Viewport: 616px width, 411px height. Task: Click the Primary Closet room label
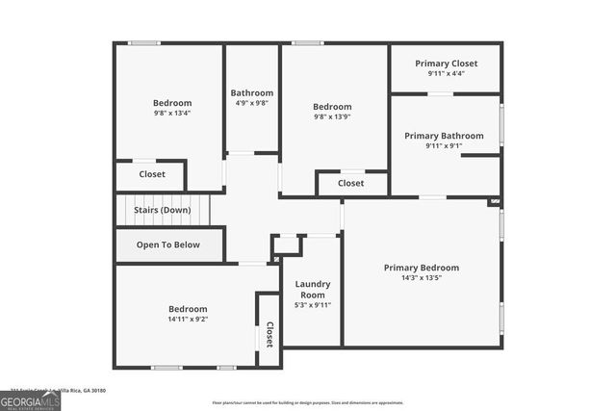446,64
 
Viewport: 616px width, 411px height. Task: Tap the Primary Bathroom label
444,136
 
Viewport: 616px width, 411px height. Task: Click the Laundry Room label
313,290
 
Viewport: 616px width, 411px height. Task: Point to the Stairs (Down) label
162,209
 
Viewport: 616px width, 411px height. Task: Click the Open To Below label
168,244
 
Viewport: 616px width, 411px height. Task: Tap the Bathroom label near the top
251,93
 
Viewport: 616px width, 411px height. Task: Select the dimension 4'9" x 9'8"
251,104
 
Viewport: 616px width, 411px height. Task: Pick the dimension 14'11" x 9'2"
188,319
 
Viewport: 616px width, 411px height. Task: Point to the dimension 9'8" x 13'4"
172,114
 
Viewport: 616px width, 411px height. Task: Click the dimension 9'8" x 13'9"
332,117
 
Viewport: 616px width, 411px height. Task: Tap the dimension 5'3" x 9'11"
313,305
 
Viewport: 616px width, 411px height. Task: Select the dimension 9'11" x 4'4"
446,74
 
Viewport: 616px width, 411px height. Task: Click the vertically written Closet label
269,333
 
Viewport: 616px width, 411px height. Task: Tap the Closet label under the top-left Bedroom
152,174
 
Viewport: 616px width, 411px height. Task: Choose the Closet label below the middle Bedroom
351,183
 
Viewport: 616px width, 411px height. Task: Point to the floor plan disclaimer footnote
308,402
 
